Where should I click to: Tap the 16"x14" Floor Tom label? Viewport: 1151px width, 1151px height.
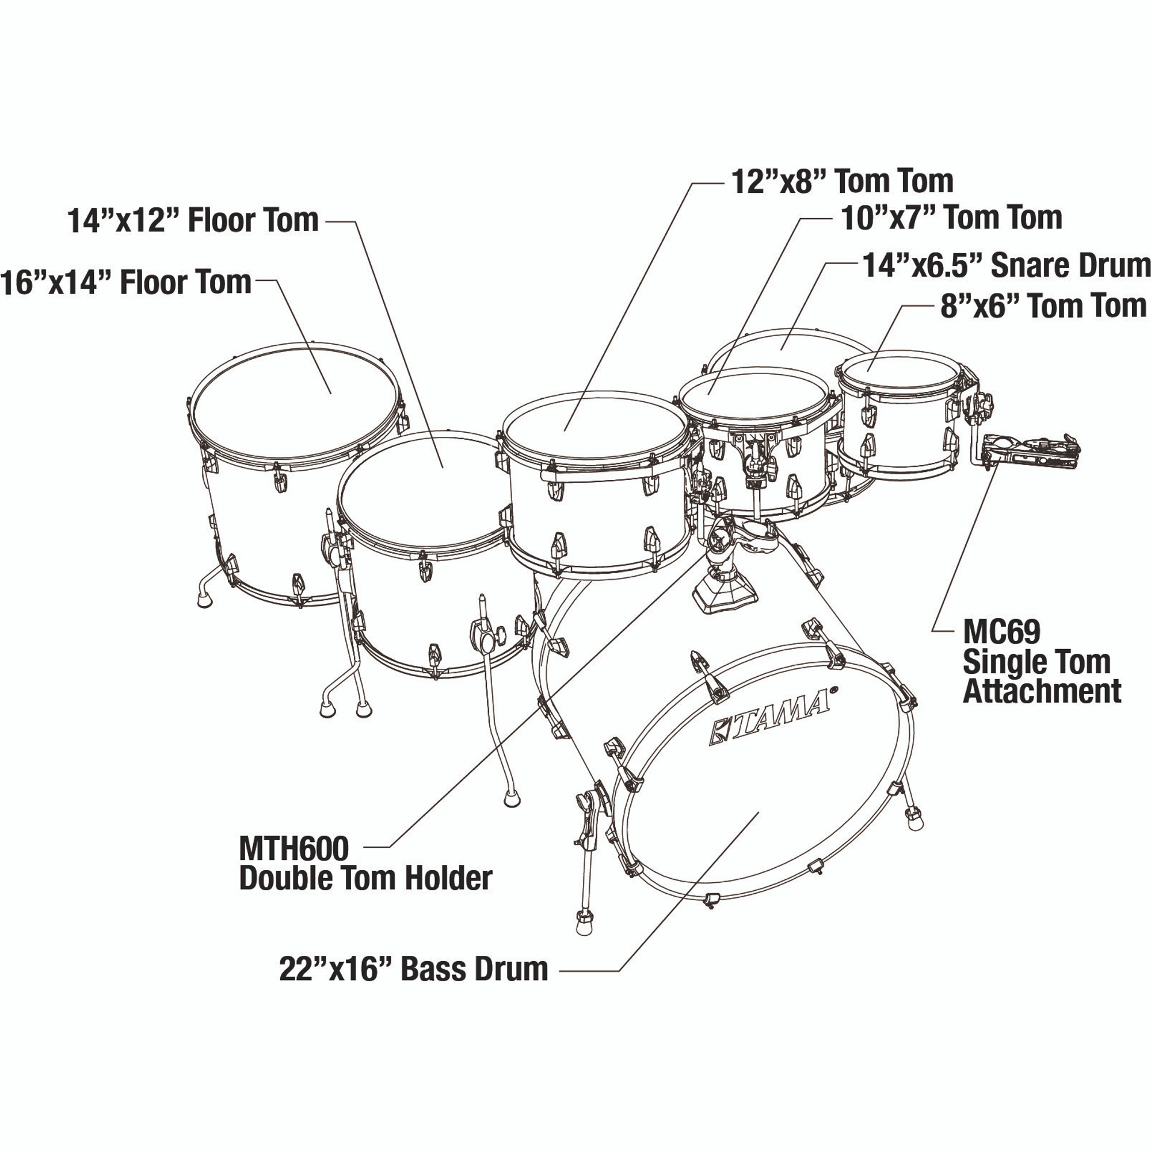125,282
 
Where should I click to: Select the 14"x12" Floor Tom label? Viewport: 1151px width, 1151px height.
193,220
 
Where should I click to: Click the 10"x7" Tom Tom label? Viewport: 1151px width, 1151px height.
951,218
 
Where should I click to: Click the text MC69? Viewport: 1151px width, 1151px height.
1001,631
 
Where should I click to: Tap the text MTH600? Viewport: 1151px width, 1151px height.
294,848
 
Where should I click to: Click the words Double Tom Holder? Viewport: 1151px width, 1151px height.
366,878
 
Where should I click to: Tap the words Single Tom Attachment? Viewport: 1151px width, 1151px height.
1043,677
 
